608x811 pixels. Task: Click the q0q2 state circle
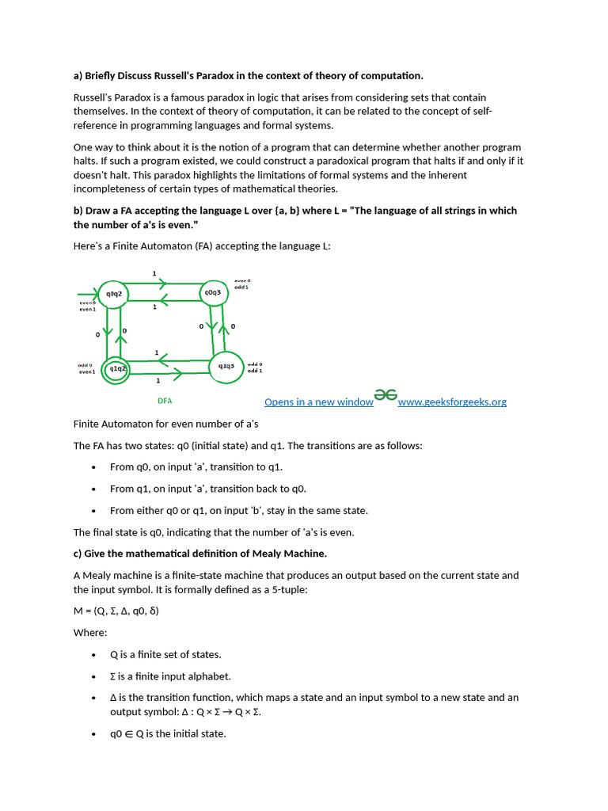pos(114,294)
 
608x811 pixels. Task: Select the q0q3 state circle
pos(214,292)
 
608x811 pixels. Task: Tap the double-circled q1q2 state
pos(116,368)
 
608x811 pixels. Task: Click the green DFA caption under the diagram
pos(165,401)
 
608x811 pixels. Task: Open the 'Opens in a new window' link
pos(318,402)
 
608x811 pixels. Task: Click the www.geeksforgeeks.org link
pos(452,402)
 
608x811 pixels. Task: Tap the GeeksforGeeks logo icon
pos(386,394)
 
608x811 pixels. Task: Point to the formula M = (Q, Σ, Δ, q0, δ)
pos(116,611)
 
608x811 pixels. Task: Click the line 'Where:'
pos(89,633)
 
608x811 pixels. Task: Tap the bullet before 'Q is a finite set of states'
pos(94,655)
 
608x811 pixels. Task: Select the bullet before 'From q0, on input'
pos(94,467)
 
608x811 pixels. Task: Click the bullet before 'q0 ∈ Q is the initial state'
pos(94,734)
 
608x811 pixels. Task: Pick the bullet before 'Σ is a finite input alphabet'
pos(94,677)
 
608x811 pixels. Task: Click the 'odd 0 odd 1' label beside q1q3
pos(255,367)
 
